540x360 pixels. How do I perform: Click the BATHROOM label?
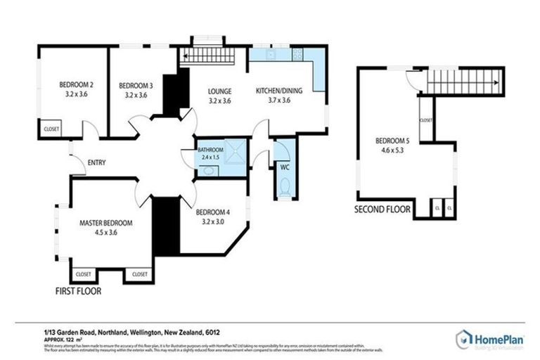(210, 150)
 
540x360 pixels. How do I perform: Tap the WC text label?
(285, 167)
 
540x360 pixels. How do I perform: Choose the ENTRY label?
(96, 164)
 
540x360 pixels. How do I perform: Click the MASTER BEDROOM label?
(105, 222)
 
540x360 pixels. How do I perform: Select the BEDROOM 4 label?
(213, 212)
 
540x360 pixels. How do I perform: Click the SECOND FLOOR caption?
(385, 209)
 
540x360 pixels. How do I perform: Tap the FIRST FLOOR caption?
(79, 290)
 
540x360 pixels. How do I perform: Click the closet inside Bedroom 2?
(51, 129)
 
